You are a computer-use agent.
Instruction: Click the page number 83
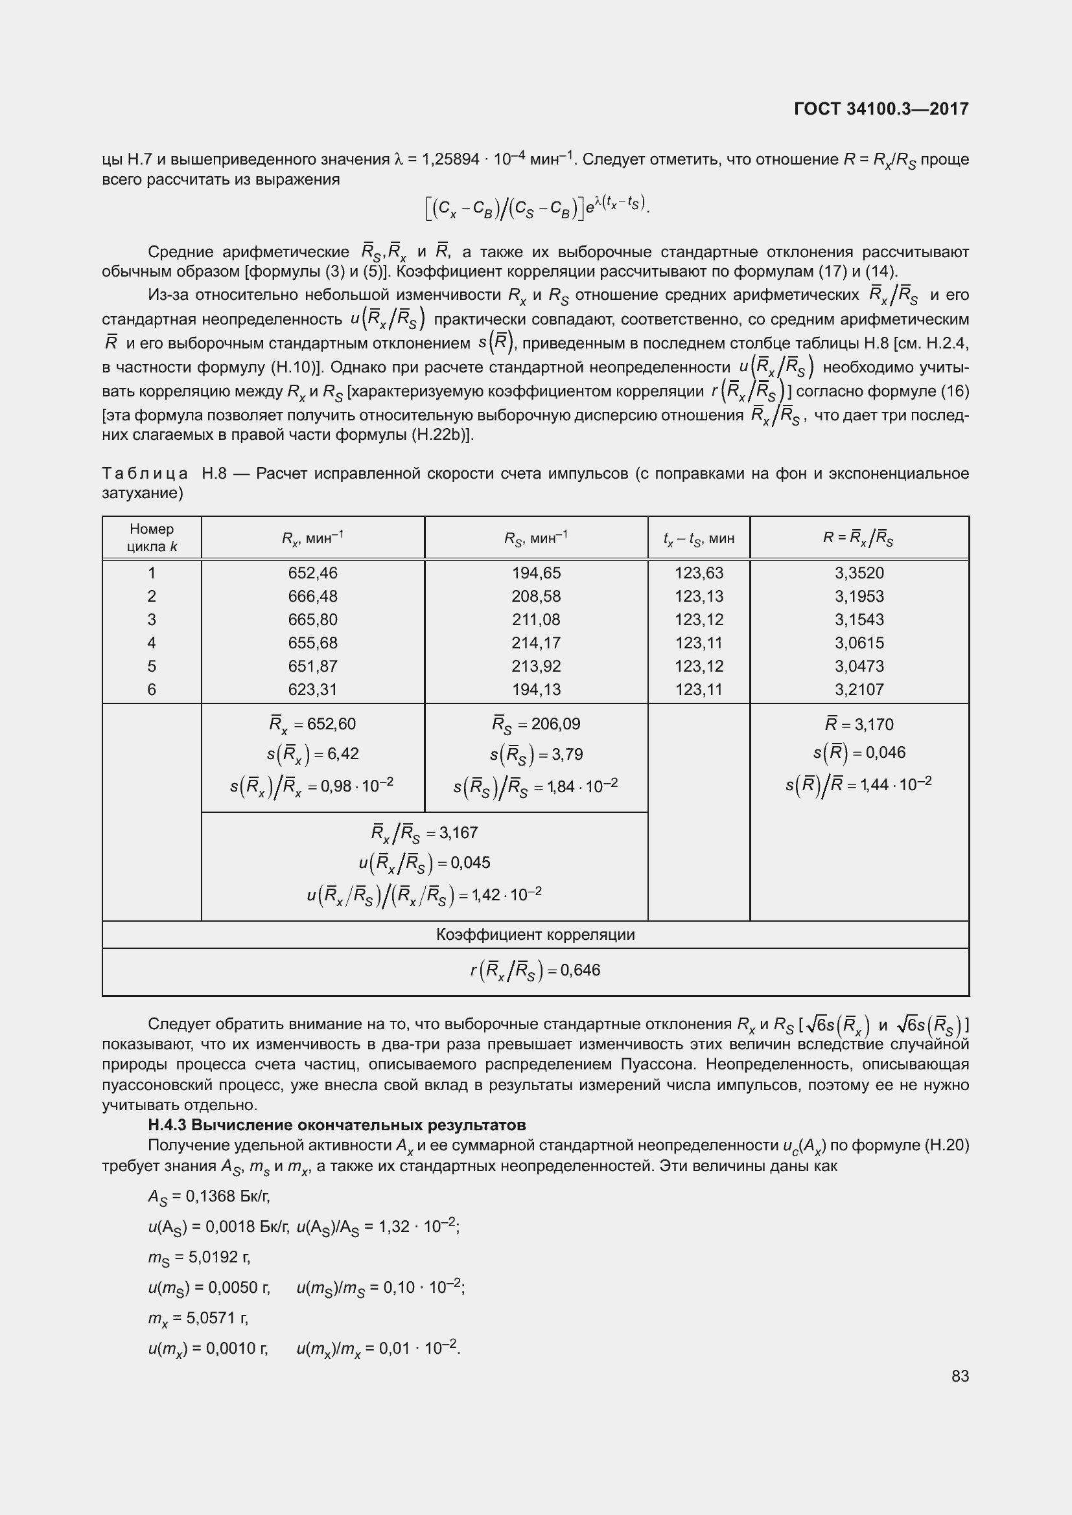(x=960, y=1376)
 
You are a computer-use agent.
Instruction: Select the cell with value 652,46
(x=312, y=573)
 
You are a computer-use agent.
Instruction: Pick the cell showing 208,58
(x=535, y=596)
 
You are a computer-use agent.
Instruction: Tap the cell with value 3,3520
(x=859, y=573)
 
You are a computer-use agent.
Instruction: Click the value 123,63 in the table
(x=699, y=573)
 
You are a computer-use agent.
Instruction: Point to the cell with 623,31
(x=312, y=690)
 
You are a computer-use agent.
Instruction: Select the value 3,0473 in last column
(x=859, y=666)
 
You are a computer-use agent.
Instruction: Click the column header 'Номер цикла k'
(x=152, y=538)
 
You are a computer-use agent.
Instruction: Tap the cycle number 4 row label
(x=152, y=643)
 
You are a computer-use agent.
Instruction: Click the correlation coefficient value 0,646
(x=579, y=970)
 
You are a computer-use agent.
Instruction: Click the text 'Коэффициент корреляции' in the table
(x=535, y=935)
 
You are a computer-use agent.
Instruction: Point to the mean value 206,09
(x=555, y=724)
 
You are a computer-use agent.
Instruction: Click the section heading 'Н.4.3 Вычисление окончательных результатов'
(x=336, y=1124)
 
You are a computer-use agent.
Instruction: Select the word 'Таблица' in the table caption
(x=145, y=473)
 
